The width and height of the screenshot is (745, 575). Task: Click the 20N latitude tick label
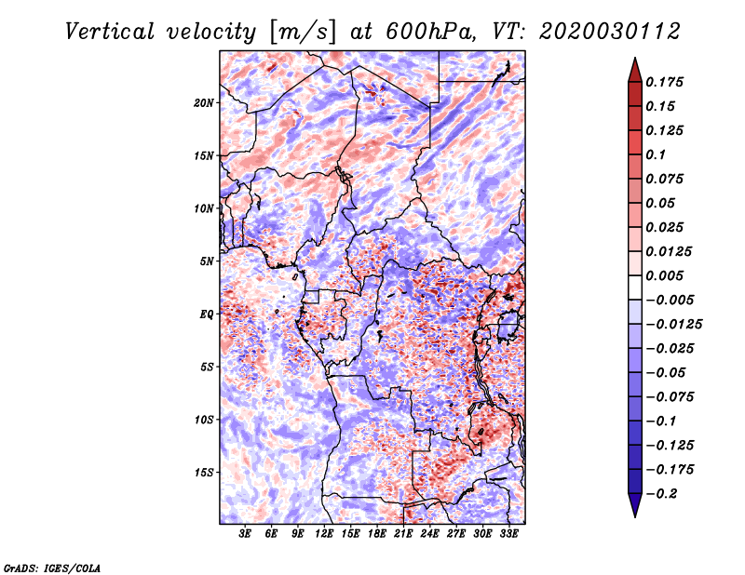pos(204,103)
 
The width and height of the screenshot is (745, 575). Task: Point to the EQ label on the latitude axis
pos(207,314)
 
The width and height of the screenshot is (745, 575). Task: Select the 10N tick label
pos(204,208)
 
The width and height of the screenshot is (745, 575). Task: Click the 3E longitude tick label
pos(245,533)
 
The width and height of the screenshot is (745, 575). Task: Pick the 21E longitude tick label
pos(403,533)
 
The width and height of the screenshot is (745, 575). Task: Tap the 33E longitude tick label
pos(508,533)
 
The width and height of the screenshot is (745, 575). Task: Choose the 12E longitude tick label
pos(323,533)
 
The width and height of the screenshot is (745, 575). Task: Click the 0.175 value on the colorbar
pos(664,82)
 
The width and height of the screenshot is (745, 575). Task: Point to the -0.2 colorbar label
pos(661,494)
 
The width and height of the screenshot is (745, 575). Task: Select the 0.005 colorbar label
pos(664,275)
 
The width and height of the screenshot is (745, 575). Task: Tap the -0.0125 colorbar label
pos(673,325)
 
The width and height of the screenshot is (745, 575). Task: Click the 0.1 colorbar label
pos(656,154)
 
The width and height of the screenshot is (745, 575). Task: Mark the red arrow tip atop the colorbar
pos(635,58)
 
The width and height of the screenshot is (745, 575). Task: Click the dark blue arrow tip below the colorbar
pos(635,516)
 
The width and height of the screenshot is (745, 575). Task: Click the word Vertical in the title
pos(110,32)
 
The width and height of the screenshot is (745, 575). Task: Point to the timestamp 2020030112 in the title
pos(610,32)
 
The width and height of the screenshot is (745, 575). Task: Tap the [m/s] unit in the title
pos(304,33)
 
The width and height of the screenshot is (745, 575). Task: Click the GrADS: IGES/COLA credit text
pos(52,568)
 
